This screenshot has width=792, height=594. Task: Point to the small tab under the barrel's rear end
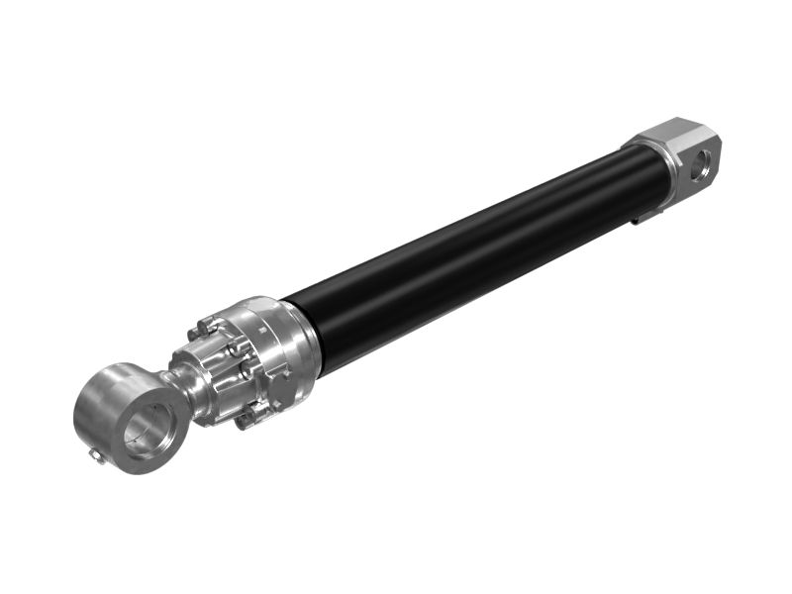click(643, 215)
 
